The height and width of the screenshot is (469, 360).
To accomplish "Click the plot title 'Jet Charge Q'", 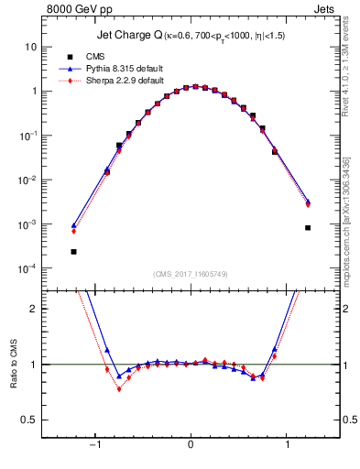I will pyautogui.click(x=132, y=36).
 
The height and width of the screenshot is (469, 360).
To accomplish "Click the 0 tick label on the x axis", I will pyautogui.click(x=191, y=446).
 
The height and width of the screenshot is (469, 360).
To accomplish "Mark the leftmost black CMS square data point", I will pyautogui.click(x=73, y=251).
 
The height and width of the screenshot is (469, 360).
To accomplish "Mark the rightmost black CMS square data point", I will pyautogui.click(x=308, y=227).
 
